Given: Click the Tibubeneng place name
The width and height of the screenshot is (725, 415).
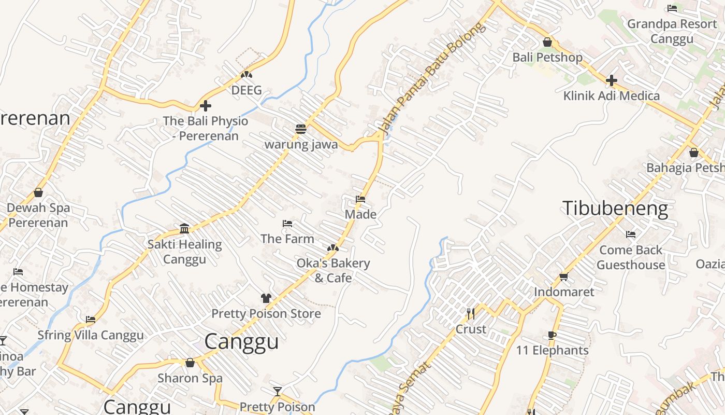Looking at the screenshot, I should coord(615,209).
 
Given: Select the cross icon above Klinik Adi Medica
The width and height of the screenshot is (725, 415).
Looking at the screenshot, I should coord(612,80).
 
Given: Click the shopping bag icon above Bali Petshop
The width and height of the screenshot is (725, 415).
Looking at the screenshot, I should coord(547,42).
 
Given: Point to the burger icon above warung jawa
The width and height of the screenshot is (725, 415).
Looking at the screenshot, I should coord(301,129).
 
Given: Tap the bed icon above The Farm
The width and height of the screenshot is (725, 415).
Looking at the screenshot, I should coord(287,224).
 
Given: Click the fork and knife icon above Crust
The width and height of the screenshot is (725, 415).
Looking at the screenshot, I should coord(470,314).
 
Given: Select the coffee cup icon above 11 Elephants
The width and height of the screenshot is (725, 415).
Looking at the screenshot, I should coord(552,335).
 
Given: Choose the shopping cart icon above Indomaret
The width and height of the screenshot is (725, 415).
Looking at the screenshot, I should coord(564,276).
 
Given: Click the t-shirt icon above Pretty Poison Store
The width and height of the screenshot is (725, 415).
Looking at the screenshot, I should coord(266,298).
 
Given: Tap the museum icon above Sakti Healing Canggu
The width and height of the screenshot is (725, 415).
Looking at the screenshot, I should coord(184,229).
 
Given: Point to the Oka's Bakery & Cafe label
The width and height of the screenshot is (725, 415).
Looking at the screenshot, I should coord(333,270).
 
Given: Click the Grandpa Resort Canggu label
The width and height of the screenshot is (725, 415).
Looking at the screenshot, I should coord(672,31).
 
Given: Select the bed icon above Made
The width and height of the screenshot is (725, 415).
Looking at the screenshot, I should coord(360,199).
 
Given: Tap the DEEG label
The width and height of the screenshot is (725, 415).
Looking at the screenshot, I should coord(246,90).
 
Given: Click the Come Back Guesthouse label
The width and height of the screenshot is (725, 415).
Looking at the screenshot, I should coord(630,257).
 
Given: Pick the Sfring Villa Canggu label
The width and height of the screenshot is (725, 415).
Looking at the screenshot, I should coord(91,335).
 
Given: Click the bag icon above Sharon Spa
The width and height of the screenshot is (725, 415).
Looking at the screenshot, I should coord(190,363).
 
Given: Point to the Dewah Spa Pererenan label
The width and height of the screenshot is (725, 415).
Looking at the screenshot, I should coord(38,215).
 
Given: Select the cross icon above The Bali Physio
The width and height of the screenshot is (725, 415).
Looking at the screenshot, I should coord(206,106).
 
